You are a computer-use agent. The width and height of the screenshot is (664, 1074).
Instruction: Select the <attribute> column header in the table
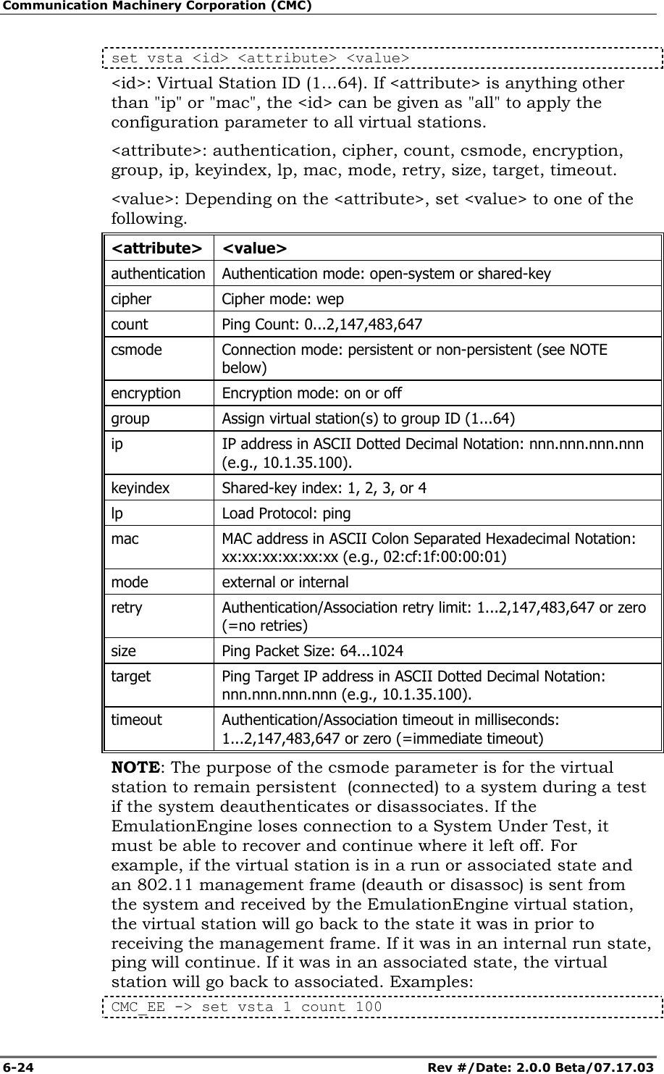click(156, 248)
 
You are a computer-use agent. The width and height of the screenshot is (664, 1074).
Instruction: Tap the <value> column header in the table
click(254, 248)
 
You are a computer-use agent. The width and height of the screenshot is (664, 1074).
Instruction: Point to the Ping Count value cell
click(322, 324)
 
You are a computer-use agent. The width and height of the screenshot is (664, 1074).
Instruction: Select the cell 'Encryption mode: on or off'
click(311, 393)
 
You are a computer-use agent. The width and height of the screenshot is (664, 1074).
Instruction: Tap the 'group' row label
click(130, 419)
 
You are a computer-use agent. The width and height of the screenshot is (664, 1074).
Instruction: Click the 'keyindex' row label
click(140, 487)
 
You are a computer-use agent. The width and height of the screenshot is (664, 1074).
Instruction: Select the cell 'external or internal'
click(285, 582)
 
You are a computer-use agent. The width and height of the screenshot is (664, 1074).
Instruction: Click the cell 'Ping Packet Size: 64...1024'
click(313, 650)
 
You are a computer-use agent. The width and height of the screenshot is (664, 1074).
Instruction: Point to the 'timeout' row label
click(136, 720)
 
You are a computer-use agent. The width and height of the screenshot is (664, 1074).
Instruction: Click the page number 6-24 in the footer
click(18, 1067)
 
